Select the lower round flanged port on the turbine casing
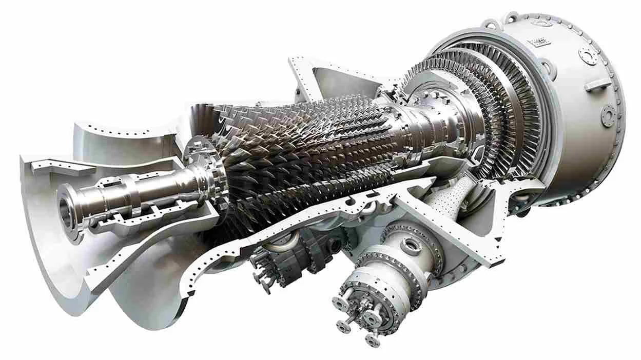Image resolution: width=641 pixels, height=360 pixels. pos(609,112)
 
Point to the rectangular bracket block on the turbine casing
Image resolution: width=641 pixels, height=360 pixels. pos(598,85)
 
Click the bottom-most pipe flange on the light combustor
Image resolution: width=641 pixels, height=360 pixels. pos(373,339)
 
